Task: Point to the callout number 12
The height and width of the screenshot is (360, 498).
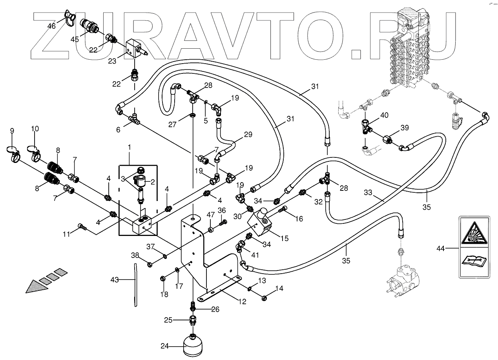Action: tap(242, 302)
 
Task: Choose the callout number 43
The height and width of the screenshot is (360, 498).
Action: tap(114, 280)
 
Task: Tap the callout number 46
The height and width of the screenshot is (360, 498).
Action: tap(51, 26)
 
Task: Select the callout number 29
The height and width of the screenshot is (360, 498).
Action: tap(248, 134)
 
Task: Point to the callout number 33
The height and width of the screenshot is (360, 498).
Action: tap(368, 193)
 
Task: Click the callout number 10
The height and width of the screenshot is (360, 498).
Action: tap(35, 128)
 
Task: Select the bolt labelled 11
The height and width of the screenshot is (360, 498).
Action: tap(82, 227)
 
